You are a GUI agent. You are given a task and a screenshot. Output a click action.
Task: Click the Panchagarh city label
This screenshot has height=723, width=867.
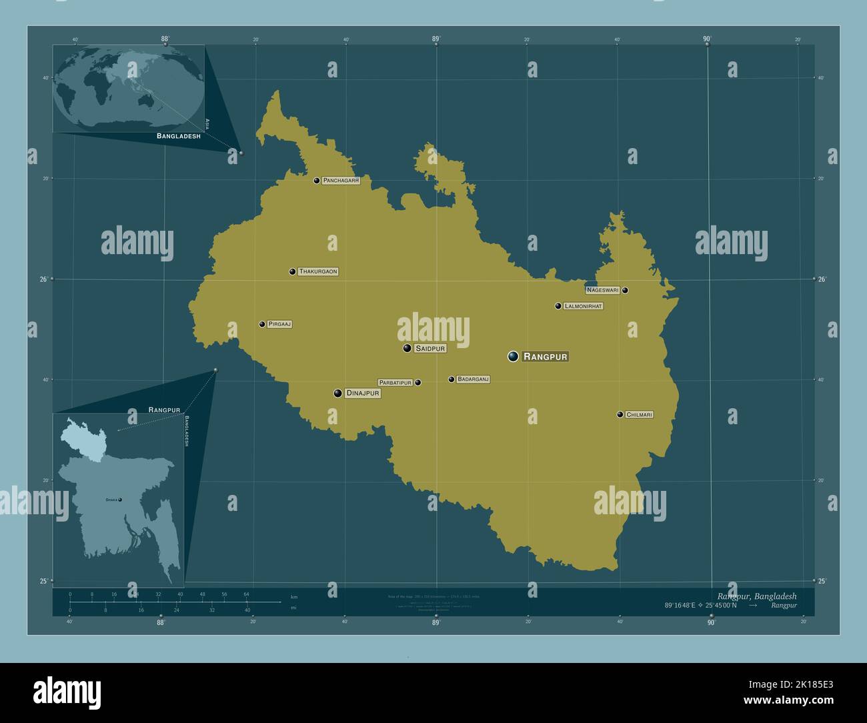341,181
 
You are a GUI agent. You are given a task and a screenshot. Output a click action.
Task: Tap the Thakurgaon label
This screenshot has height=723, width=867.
318,271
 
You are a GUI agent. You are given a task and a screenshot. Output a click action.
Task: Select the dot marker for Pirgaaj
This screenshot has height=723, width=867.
262,324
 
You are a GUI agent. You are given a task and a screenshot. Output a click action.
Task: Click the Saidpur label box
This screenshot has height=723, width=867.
430,348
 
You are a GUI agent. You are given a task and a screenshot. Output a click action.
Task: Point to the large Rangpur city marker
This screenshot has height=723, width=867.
513,356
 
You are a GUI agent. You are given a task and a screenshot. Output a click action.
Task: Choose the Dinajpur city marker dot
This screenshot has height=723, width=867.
338,394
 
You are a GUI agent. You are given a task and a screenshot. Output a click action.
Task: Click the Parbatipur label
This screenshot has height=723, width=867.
395,383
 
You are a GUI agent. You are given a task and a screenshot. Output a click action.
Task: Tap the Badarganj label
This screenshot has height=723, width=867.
474,380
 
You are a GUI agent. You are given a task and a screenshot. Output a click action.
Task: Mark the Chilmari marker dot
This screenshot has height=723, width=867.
620,415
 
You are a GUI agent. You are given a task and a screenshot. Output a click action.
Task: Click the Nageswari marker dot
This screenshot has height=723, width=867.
625,290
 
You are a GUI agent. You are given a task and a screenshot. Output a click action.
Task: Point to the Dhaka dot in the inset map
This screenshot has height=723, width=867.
120,500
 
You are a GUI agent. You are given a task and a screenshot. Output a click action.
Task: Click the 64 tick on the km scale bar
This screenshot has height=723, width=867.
246,594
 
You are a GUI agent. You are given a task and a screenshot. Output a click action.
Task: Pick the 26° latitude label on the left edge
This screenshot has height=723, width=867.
43,279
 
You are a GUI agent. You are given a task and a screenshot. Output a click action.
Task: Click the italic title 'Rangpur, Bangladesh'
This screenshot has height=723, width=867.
756,596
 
